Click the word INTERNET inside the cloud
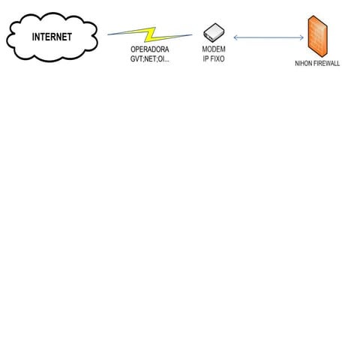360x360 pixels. [x=52, y=37]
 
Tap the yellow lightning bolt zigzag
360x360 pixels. [x=150, y=34]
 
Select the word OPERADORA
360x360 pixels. [x=150, y=49]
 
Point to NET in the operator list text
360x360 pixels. [x=153, y=58]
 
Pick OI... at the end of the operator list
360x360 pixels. [x=165, y=58]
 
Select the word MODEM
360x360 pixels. [x=214, y=49]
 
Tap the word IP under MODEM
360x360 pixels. [x=206, y=58]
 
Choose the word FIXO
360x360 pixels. [x=217, y=58]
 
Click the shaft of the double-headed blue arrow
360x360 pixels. [x=268, y=37]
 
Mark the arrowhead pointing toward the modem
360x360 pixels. [x=235, y=37]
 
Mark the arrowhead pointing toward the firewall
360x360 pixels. [x=301, y=37]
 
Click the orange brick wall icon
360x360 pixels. [x=318, y=35]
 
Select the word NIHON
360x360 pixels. [x=304, y=64]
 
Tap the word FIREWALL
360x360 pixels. [x=326, y=64]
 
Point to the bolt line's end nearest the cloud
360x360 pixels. [x=109, y=34]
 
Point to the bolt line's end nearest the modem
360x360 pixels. [x=192, y=34]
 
